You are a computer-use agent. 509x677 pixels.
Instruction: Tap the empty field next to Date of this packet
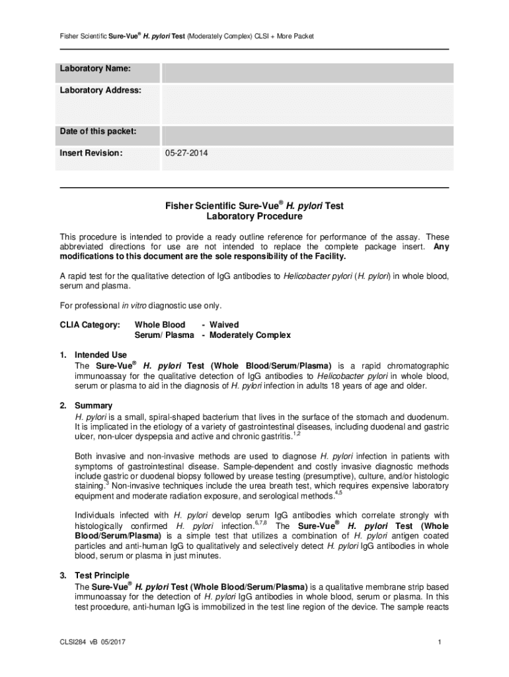307,135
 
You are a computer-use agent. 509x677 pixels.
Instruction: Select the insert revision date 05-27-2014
188,153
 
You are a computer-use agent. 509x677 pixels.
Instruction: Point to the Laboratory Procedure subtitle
254,216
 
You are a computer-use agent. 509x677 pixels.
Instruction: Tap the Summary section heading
93,405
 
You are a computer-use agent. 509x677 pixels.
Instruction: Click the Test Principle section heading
102,576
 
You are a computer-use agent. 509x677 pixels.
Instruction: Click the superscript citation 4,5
338,493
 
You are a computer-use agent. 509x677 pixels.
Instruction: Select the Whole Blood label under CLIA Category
160,325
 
